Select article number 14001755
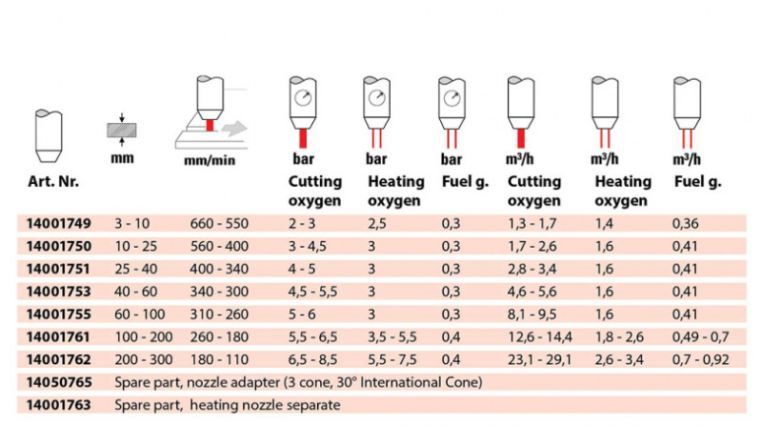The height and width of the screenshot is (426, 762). [58, 314]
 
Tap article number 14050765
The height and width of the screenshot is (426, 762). [58, 382]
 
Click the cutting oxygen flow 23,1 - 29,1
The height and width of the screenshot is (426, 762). [539, 360]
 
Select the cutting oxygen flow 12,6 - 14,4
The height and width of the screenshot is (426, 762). [540, 337]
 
